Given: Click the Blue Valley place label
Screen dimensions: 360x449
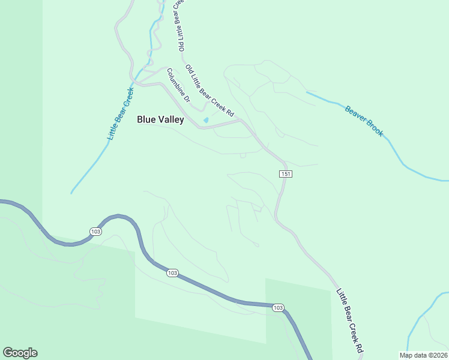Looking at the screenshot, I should pos(160,119).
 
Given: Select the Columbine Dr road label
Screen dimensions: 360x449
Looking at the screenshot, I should pos(178,85).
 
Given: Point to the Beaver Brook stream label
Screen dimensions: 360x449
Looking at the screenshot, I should pos(364,121).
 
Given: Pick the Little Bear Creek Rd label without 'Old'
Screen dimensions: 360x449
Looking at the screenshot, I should pos(350,320).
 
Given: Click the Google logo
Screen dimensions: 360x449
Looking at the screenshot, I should pos(20,353).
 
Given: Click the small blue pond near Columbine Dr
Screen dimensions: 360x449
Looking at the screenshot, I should pos(206,121).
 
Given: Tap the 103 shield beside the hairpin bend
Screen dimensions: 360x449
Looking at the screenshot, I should pos(95,232).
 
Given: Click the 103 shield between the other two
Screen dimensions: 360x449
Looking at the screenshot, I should pos(172,273).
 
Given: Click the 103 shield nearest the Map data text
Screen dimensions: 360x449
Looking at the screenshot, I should pos(277,308).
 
